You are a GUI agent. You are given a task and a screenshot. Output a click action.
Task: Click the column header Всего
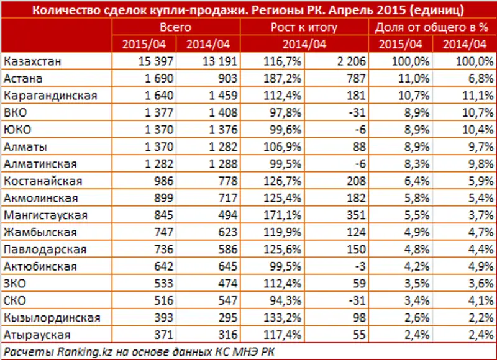point(175,27)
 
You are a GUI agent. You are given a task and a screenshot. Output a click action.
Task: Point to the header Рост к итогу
point(304,27)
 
